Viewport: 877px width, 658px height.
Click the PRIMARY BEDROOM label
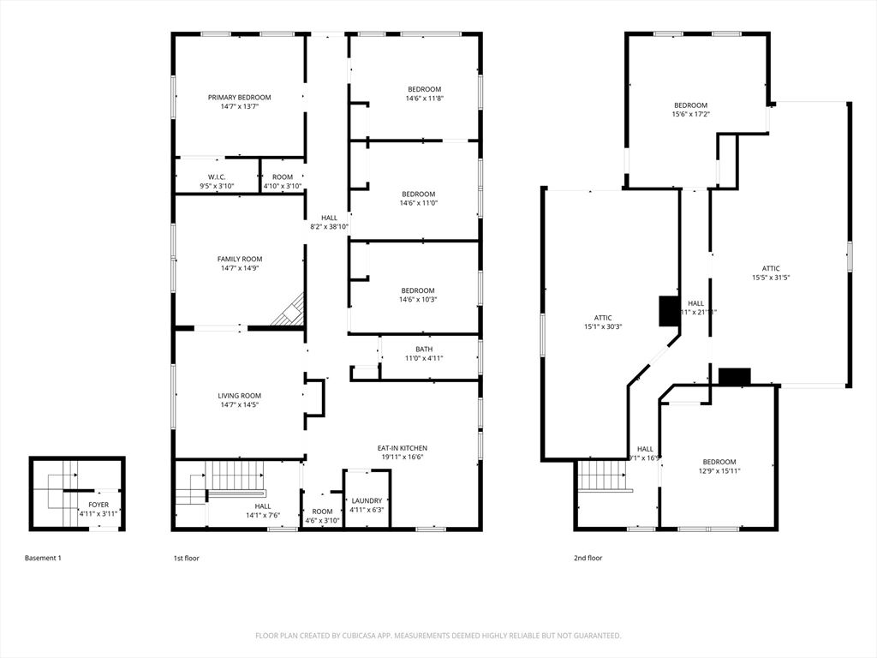tap(239, 98)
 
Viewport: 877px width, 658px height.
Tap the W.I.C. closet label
tap(217, 176)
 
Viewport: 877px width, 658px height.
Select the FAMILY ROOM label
tap(239, 259)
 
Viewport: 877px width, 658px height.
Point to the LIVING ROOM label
tap(239, 396)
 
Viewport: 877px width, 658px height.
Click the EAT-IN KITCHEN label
tap(402, 448)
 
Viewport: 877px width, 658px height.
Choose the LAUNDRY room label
tap(367, 500)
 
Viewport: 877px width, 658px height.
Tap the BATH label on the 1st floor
tap(424, 349)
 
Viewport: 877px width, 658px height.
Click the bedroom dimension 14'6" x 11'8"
tap(424, 99)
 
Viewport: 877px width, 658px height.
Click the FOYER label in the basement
tap(98, 505)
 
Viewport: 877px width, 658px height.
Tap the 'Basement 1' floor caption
tap(43, 558)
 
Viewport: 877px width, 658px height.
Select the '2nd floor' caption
tap(588, 558)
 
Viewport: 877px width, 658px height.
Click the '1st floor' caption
tap(186, 558)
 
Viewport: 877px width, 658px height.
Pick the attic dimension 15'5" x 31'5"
tap(771, 278)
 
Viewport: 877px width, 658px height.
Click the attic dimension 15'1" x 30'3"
tap(603, 326)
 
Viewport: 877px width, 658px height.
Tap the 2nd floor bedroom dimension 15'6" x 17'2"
tap(690, 114)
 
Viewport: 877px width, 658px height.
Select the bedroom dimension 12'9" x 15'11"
tap(719, 470)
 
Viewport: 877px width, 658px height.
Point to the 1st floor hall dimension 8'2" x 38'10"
tap(329, 227)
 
